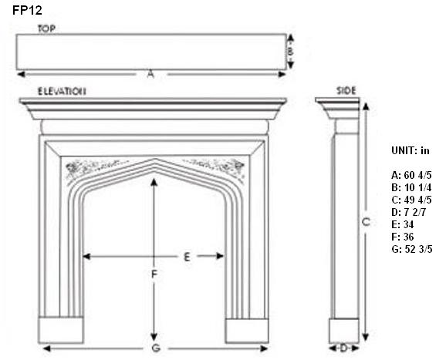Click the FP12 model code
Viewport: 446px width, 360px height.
tap(27, 10)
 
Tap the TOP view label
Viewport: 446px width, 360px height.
tap(46, 29)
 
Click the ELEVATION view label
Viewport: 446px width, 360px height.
tap(62, 91)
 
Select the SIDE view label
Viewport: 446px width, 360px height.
tap(346, 91)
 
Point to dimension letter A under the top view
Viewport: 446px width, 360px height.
tap(150, 75)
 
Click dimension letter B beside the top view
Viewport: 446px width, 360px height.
tap(290, 52)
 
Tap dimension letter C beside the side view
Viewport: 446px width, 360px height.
tap(366, 221)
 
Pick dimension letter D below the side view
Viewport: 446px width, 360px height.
tap(343, 348)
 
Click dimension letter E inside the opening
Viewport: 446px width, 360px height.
tap(187, 257)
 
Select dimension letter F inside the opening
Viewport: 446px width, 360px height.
tap(154, 274)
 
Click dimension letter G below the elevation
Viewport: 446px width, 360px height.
tap(156, 348)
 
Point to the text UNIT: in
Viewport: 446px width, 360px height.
tap(411, 150)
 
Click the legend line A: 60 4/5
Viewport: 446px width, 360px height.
tap(411, 175)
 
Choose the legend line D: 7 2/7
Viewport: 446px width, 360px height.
tap(408, 212)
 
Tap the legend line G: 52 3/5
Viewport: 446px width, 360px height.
tap(411, 249)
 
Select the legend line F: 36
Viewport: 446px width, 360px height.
tap(403, 237)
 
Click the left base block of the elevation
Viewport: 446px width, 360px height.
tap(61, 330)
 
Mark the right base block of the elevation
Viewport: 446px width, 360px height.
tap(247, 331)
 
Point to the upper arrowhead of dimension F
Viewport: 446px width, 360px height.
tap(154, 182)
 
